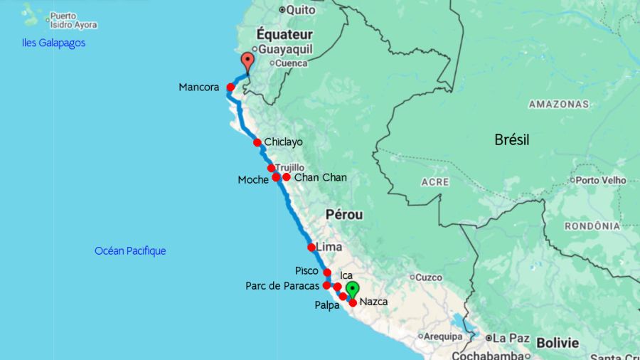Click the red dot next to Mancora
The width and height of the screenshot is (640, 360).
(x=230, y=88)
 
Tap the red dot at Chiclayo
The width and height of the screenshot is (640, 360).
(x=257, y=142)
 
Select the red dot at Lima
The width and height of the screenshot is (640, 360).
(x=311, y=248)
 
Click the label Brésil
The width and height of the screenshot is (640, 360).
(x=512, y=139)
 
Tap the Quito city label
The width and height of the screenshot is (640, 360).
(x=301, y=10)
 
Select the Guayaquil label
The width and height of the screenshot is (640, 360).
(x=286, y=50)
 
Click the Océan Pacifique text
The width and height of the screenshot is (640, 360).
(x=130, y=250)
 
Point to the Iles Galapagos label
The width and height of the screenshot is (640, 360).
(x=53, y=43)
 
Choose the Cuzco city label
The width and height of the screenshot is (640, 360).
(x=429, y=277)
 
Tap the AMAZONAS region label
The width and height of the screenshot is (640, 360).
(x=559, y=104)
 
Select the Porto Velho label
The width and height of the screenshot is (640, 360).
(x=601, y=180)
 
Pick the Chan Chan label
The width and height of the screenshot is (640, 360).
(x=320, y=177)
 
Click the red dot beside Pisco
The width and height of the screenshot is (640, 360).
(x=327, y=272)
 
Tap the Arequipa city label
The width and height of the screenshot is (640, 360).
(x=444, y=336)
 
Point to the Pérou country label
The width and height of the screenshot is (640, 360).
(x=344, y=214)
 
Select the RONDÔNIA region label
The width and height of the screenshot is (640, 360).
(x=592, y=226)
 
